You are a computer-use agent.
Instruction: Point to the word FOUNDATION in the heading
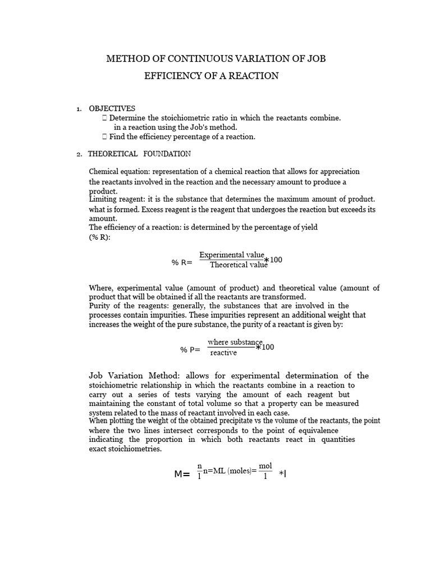[167, 154]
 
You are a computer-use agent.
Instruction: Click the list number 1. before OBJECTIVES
[79, 109]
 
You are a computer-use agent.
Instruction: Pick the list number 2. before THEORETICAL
[79, 154]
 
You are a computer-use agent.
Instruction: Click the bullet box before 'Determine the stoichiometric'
[105, 118]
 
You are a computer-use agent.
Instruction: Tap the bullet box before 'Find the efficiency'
[105, 136]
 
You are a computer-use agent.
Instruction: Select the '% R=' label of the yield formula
[182, 262]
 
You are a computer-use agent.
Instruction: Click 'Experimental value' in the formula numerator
[231, 255]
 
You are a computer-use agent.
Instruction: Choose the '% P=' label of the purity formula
[190, 349]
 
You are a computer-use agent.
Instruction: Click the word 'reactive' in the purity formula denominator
[223, 353]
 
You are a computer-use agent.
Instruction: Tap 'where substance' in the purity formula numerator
[235, 342]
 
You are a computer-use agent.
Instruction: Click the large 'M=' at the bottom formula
[182, 474]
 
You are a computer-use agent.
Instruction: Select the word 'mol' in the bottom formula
[265, 466]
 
